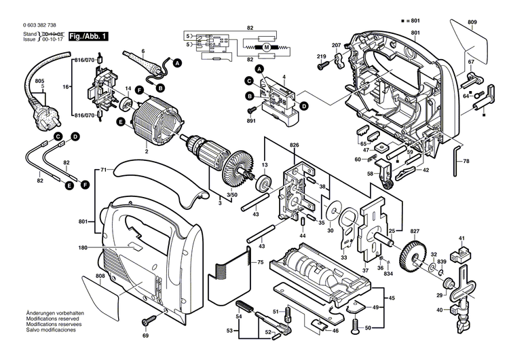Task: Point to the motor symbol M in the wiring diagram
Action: pos(266,46)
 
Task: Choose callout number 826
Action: pos(294,145)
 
